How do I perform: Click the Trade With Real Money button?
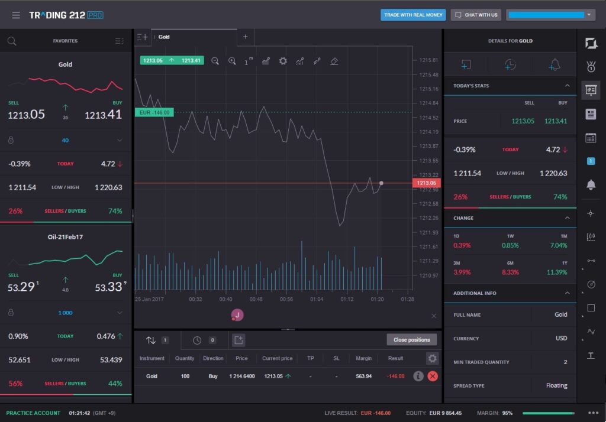click(413, 15)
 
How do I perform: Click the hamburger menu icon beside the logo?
click(16, 15)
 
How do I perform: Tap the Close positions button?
click(412, 340)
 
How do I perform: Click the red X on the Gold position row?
click(433, 376)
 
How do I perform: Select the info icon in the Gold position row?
click(418, 376)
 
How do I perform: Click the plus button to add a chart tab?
click(246, 37)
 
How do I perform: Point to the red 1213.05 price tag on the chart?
click(426, 183)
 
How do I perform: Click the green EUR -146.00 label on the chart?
click(154, 112)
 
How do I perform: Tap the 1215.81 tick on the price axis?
click(428, 60)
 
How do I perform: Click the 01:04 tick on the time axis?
click(317, 299)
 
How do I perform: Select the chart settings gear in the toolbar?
click(283, 61)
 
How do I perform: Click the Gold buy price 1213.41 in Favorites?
click(104, 115)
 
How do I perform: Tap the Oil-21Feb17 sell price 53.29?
click(22, 287)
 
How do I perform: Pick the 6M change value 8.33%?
click(510, 272)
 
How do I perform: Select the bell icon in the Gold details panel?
click(555, 65)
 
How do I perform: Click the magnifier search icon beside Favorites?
click(12, 41)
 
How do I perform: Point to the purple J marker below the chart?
click(237, 315)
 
